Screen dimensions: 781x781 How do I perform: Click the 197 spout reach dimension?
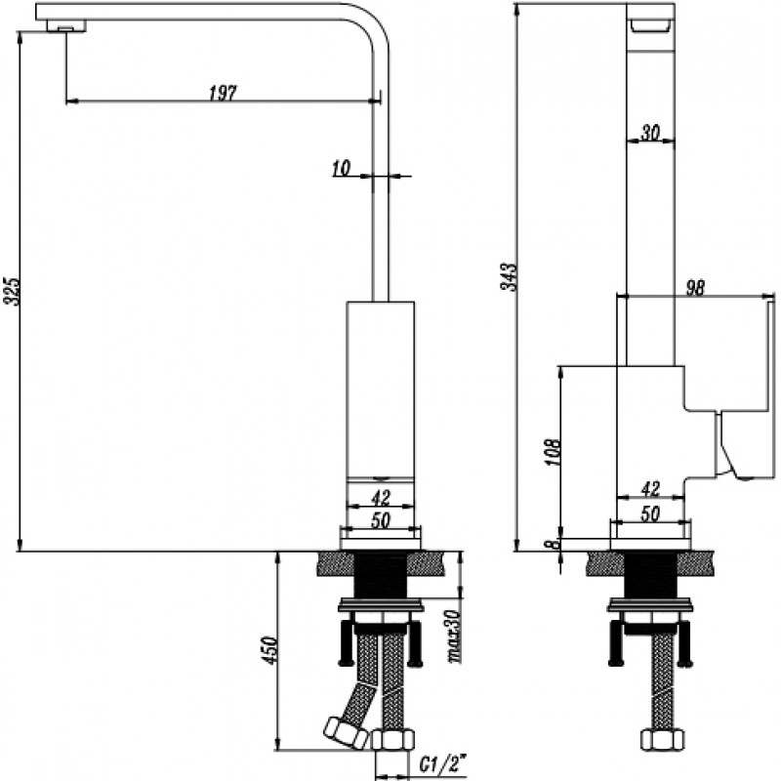(223, 93)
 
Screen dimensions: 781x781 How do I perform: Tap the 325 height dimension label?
(11, 292)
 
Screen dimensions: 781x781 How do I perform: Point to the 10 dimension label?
(341, 168)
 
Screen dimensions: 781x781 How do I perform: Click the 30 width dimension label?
(650, 133)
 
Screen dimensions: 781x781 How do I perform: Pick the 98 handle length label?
(695, 288)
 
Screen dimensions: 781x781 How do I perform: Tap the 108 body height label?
(553, 452)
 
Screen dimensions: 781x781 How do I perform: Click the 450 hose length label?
(269, 649)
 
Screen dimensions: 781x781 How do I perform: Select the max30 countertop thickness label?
(454, 637)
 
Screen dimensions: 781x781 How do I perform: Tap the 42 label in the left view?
(381, 497)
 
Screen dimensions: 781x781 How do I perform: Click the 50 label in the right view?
(650, 514)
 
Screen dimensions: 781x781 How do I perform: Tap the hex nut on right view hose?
(662, 740)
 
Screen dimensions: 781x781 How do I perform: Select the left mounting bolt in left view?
(347, 642)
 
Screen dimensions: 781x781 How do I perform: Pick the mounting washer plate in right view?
(650, 605)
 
